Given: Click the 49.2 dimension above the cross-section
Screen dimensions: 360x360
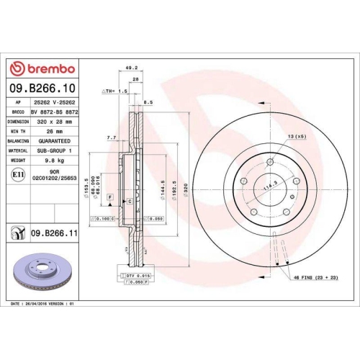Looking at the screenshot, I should coord(131,68).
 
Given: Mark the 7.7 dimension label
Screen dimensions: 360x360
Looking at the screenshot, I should coord(111,137).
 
